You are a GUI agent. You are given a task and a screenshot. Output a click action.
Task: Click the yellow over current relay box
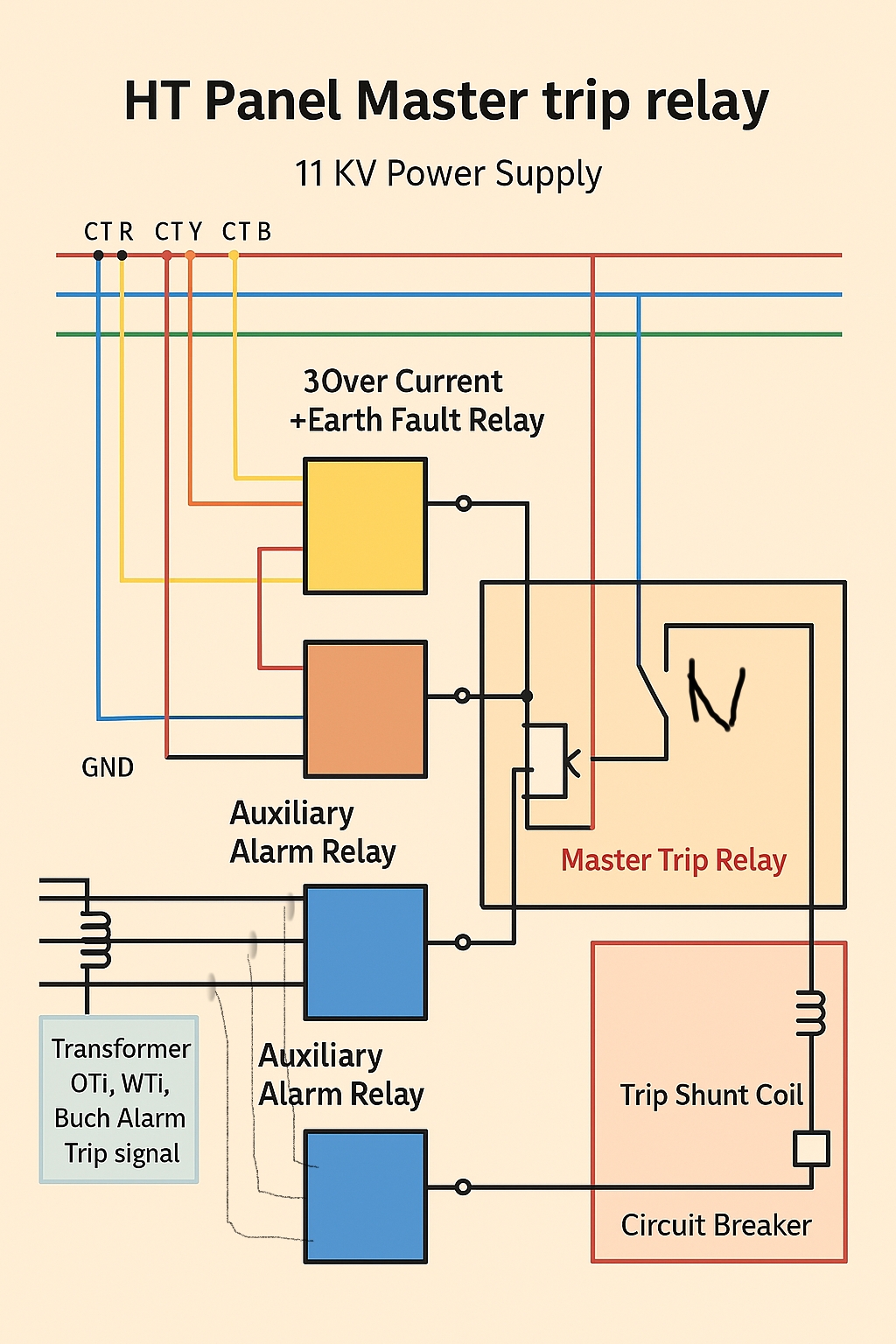[365, 526]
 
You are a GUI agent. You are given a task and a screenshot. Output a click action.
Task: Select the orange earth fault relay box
[365, 709]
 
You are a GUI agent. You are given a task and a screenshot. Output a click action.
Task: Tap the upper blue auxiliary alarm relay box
[365, 952]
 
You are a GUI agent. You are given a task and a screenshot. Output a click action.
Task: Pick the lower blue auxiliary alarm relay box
[365, 1196]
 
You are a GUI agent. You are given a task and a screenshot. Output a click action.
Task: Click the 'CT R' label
[108, 232]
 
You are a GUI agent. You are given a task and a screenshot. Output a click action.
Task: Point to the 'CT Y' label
[178, 232]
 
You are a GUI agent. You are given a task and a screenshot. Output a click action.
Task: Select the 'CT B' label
[247, 232]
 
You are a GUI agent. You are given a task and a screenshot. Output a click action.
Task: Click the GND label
[108, 767]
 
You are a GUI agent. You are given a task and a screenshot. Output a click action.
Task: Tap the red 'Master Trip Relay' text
[673, 860]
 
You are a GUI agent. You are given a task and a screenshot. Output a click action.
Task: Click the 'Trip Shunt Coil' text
[711, 1095]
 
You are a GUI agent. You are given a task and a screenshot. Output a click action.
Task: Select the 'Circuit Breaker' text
[716, 1225]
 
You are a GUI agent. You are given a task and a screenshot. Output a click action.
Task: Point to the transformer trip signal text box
[120, 1100]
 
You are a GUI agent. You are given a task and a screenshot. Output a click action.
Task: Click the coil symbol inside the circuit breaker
[811, 1013]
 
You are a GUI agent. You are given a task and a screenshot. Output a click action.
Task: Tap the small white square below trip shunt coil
[811, 1149]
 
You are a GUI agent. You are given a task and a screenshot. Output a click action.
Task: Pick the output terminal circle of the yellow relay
[464, 503]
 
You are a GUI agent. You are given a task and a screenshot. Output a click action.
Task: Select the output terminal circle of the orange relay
[463, 696]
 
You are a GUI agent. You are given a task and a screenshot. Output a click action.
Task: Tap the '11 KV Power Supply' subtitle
[448, 173]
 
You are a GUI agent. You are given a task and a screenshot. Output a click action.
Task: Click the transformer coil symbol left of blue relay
[96, 939]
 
